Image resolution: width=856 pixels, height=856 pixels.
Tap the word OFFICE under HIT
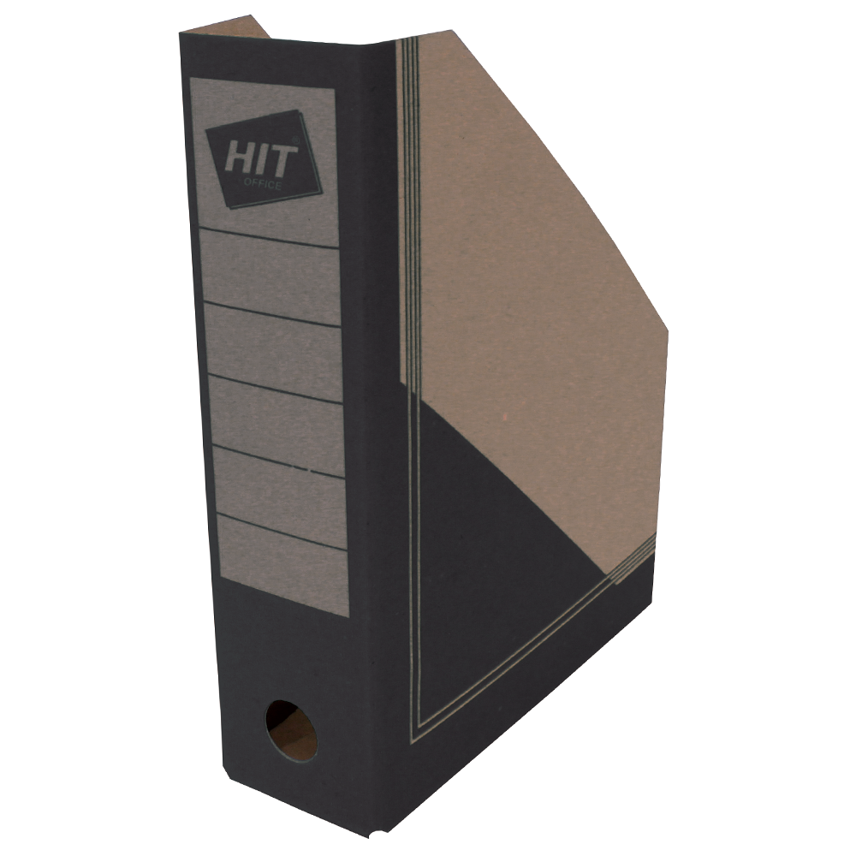click(x=263, y=184)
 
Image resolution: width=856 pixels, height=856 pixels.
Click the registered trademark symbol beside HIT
click(x=296, y=140)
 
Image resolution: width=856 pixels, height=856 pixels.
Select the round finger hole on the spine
click(x=291, y=731)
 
